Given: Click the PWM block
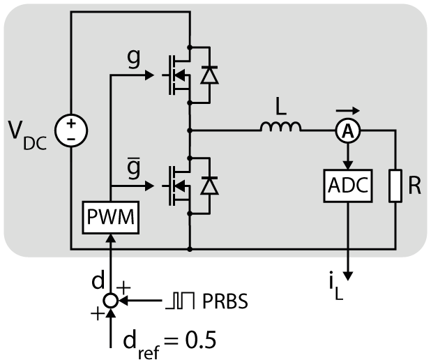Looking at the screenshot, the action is tap(110, 218).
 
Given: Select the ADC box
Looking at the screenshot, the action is tap(348, 186).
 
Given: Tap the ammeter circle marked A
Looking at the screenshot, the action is tap(348, 131).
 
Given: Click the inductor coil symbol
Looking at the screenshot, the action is tap(280, 127).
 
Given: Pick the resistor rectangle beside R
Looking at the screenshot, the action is tap(395, 186).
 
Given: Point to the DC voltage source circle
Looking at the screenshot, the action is tap(71, 130).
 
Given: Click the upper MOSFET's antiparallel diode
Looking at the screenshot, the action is tap(209, 75).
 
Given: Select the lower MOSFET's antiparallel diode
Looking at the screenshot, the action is tap(209, 186).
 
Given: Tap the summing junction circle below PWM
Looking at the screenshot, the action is tap(110, 301).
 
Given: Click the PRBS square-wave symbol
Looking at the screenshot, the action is tap(180, 301).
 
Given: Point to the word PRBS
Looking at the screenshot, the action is tap(225, 301).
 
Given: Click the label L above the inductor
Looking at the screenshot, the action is tap(280, 107).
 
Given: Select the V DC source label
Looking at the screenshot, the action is tap(27, 135).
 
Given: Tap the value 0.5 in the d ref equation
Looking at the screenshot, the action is tap(200, 340).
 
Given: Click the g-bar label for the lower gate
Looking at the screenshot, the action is tap(134, 168).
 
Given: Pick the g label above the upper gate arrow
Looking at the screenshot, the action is tap(134, 59).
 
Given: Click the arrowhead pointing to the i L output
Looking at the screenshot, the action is tap(348, 276).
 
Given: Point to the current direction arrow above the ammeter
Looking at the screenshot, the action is tap(348, 110).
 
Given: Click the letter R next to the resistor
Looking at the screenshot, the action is tap(414, 186).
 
